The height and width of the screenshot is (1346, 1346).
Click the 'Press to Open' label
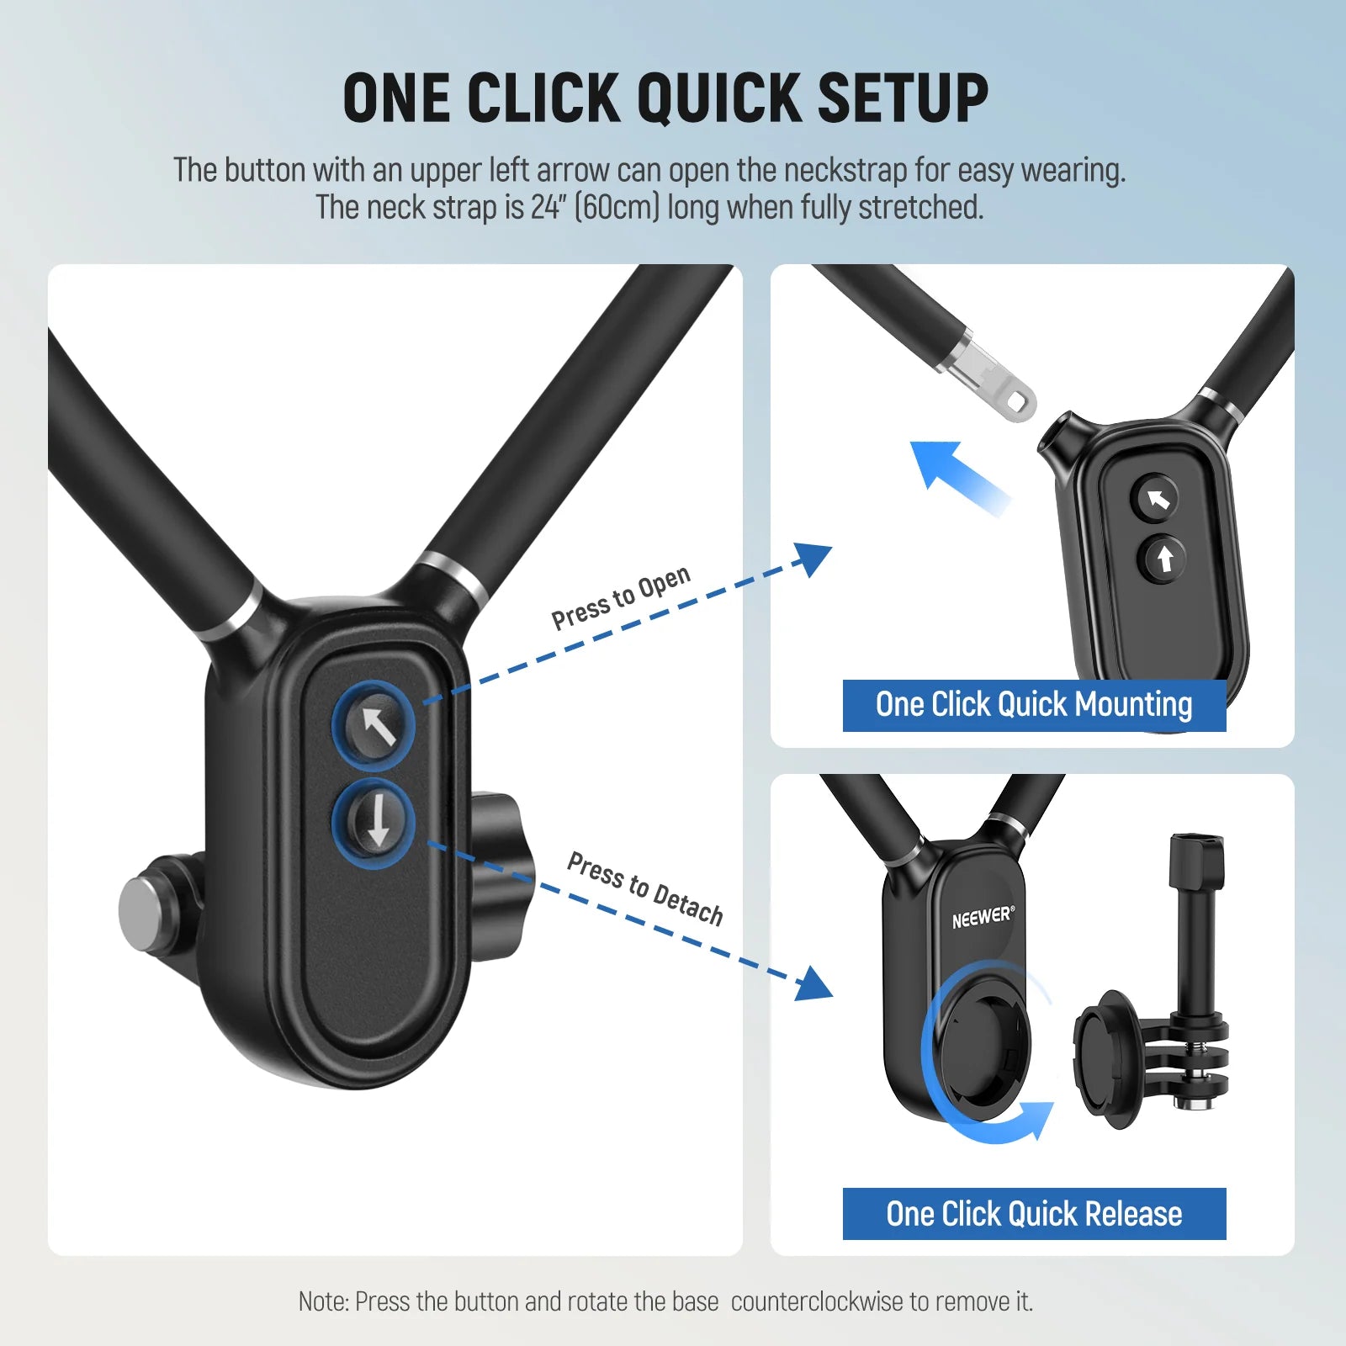621,597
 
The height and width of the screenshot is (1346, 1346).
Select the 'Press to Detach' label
645,888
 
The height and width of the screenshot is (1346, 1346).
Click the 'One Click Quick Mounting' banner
1034,705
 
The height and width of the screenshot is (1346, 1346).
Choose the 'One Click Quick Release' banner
1034,1214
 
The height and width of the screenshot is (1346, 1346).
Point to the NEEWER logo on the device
983,917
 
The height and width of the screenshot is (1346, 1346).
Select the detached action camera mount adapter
1157,1010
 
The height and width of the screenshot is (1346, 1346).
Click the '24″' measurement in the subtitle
546,207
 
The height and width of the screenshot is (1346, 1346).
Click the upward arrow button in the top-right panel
1164,558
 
